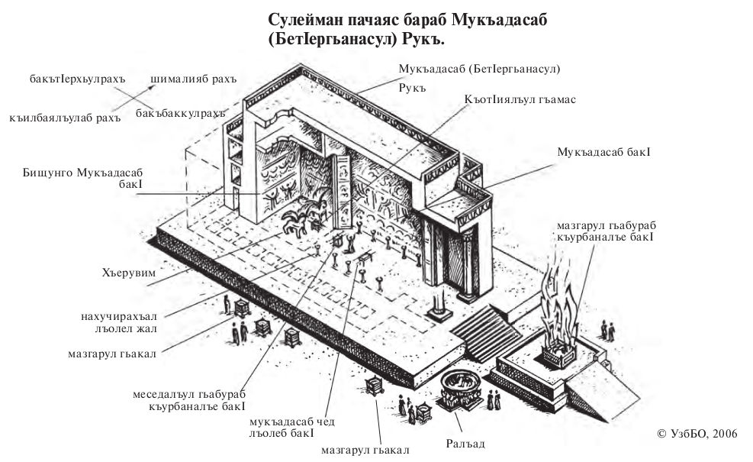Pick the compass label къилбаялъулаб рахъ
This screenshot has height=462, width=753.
tap(57, 118)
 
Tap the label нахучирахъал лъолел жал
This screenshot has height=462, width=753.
tap(118, 322)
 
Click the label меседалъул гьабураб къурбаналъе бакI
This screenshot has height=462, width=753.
tap(195, 402)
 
